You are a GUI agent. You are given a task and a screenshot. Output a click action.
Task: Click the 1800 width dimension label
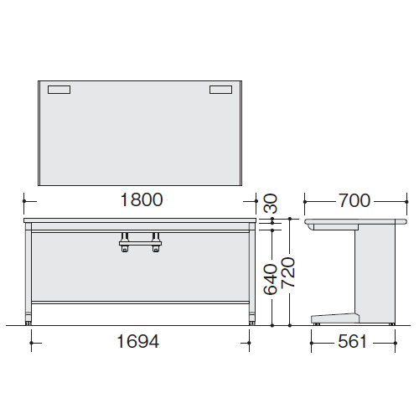pyautogui.click(x=142, y=200)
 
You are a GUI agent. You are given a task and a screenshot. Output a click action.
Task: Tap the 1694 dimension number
pyautogui.click(x=138, y=341)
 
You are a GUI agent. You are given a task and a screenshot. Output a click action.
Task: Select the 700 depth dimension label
pyautogui.click(x=354, y=200)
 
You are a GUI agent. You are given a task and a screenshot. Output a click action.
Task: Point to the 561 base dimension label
pyautogui.click(x=352, y=342)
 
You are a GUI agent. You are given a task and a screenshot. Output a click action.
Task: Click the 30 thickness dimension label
pyautogui.click(x=271, y=204)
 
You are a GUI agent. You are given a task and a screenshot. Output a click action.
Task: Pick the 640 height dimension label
pyautogui.click(x=271, y=279)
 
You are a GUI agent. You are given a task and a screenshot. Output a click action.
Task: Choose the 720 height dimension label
pyautogui.click(x=288, y=272)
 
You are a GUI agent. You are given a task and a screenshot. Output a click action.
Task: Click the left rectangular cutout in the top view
pyautogui.click(x=59, y=90)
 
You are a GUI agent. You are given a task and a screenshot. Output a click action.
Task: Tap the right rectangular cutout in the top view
pyautogui.click(x=220, y=90)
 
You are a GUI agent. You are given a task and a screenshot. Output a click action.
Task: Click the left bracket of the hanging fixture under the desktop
pyautogui.click(x=125, y=242)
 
